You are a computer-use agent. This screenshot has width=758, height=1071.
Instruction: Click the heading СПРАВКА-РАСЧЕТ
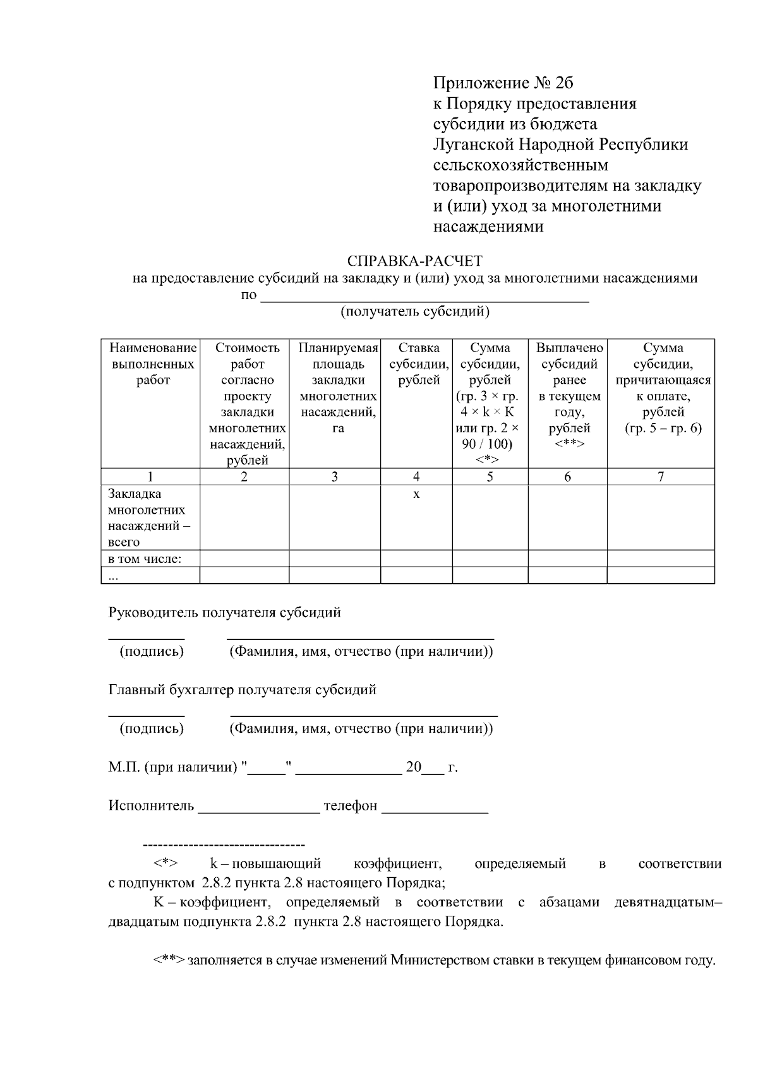pos(414,261)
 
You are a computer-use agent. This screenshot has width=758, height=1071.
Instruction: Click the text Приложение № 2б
pos(503,83)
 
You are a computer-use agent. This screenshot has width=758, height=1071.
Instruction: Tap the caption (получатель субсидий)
pos(415,311)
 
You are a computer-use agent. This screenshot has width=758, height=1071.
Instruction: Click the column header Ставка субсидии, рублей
pos(416,364)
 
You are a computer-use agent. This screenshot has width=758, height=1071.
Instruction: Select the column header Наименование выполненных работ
pos(152,364)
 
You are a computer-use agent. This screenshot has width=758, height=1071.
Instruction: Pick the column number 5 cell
pos(490,477)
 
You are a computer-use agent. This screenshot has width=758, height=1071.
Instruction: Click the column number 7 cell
pos(660,477)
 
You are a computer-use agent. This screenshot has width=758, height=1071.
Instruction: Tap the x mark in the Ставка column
pos(416,494)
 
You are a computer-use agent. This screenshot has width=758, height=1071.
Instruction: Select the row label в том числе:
pos(145,559)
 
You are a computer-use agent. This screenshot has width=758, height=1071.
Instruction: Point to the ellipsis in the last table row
pos(112,576)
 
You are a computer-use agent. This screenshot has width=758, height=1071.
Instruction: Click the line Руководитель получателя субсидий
pos(224,612)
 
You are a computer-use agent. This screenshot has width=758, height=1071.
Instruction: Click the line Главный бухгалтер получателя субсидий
pos(242,689)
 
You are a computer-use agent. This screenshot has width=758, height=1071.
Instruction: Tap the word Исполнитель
pos(151,806)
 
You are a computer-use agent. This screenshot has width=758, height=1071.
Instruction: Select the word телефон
pos(350,806)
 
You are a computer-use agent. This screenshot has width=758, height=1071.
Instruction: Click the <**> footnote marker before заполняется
pos(168,961)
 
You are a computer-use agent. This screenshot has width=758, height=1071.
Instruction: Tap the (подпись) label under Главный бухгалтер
pos(152,728)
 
